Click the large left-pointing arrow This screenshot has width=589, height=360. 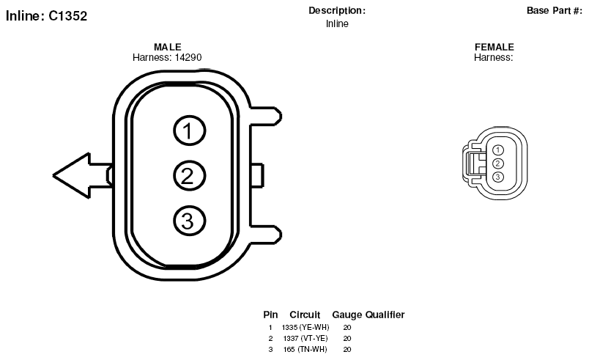[x=83, y=175]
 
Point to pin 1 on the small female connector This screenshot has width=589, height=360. [x=497, y=150]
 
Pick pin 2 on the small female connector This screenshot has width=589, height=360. [x=497, y=164]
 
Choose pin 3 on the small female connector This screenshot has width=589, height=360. [x=497, y=177]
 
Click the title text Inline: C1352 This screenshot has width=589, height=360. [x=47, y=16]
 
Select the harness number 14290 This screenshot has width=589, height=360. [x=188, y=57]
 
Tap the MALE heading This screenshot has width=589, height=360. [x=168, y=47]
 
